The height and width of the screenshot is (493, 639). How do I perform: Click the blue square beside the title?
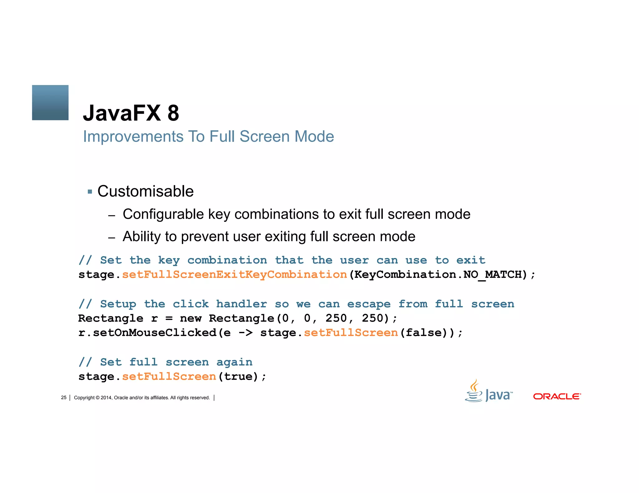[x=50, y=103]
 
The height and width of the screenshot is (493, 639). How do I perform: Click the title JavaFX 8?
[x=131, y=113]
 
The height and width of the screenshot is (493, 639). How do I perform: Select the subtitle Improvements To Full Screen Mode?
[x=208, y=136]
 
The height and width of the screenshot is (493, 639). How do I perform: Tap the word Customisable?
[x=145, y=191]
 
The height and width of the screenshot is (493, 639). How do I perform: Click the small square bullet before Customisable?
[x=90, y=192]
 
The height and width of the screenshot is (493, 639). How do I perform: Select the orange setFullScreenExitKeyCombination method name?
[x=234, y=275]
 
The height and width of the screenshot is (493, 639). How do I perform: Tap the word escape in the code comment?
[x=369, y=304]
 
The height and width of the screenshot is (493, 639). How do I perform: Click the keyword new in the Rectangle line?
[x=191, y=318]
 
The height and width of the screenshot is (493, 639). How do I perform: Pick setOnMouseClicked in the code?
[x=154, y=333]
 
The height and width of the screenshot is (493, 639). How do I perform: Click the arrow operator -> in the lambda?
[x=246, y=333]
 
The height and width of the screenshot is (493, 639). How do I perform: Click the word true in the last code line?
[x=238, y=377]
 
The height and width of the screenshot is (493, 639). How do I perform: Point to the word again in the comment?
[x=234, y=362]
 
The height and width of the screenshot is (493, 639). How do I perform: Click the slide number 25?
[x=64, y=398]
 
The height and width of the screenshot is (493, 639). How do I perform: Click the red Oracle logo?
[x=557, y=396]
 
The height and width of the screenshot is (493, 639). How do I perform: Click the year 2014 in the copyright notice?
[x=106, y=398]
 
